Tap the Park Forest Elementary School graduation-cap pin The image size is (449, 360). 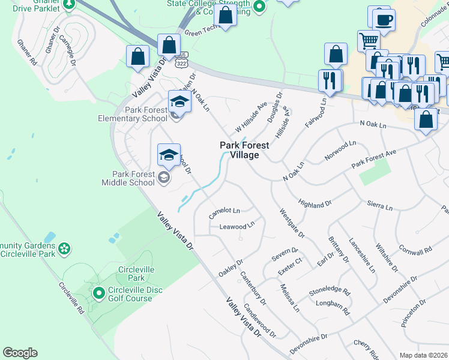[x=179, y=101]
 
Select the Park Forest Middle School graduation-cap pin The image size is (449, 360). [x=169, y=154]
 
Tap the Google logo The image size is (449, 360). [x=20, y=353]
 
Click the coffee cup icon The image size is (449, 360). [x=384, y=19]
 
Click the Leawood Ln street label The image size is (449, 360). [x=237, y=226]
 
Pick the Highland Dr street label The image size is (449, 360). [x=315, y=205]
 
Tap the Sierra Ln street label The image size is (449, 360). [x=380, y=207]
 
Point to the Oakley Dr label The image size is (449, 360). [x=231, y=268]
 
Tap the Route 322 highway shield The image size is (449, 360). [x=182, y=62]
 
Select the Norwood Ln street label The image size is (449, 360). [x=341, y=148]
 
